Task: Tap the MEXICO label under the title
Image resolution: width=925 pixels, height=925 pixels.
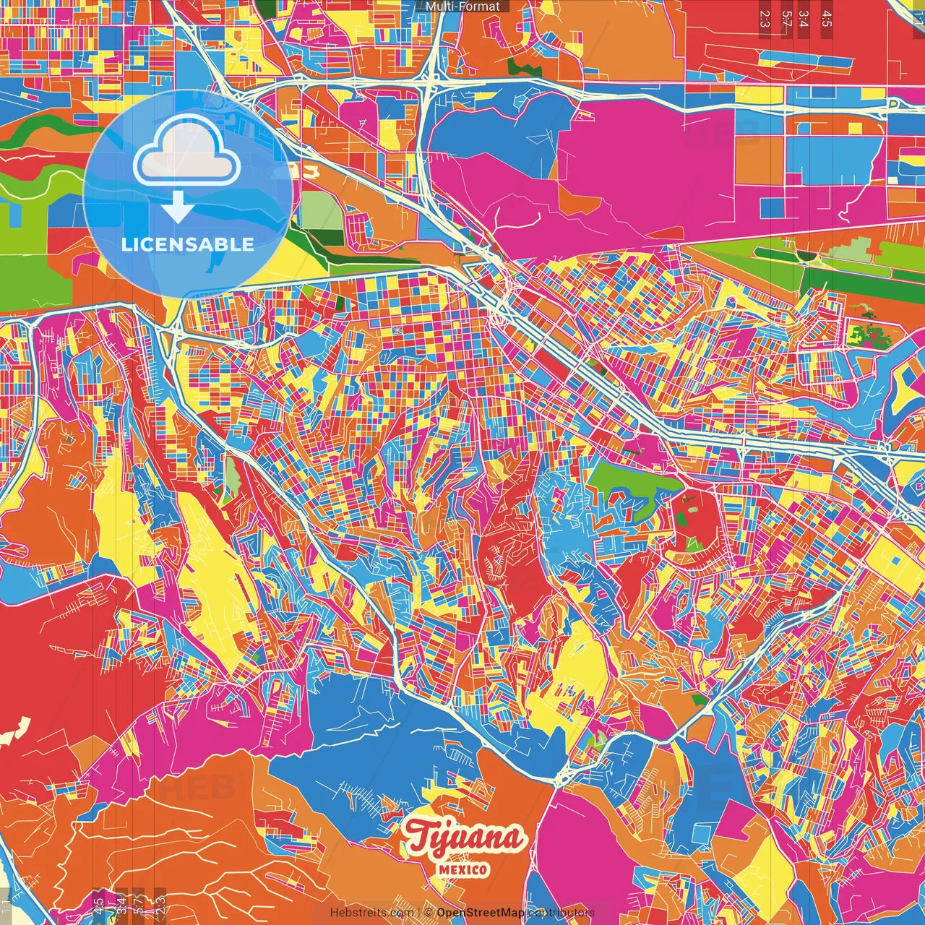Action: (462, 869)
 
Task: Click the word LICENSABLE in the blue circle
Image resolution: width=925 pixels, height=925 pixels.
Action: (188, 244)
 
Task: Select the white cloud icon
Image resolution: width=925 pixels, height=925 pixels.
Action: (186, 150)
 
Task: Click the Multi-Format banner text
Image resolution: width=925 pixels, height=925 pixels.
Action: (462, 7)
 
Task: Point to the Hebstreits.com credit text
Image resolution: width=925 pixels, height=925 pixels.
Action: (371, 913)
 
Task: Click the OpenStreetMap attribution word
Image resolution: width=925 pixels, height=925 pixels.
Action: (481, 913)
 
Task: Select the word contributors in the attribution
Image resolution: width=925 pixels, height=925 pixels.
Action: (561, 913)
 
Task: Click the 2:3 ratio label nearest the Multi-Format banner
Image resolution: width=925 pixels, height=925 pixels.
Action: (765, 19)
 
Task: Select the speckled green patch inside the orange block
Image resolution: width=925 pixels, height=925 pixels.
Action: (867, 335)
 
